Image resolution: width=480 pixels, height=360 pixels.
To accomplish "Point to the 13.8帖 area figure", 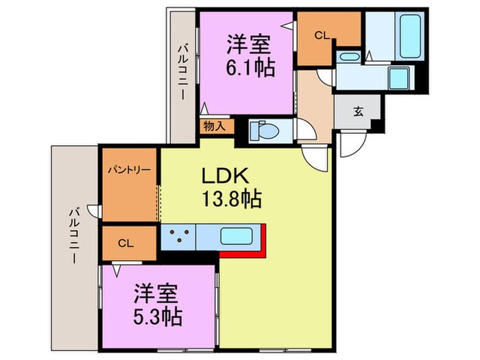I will click(230, 200).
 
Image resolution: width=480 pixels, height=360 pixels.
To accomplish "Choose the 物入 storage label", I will click(213, 126).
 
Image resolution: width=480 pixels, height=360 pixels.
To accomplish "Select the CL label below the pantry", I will click(125, 241).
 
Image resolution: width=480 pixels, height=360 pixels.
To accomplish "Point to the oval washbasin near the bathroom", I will click(349, 56).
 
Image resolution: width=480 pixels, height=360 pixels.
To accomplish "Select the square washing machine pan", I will click(398, 77).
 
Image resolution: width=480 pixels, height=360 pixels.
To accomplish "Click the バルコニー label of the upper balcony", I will click(182, 71).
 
